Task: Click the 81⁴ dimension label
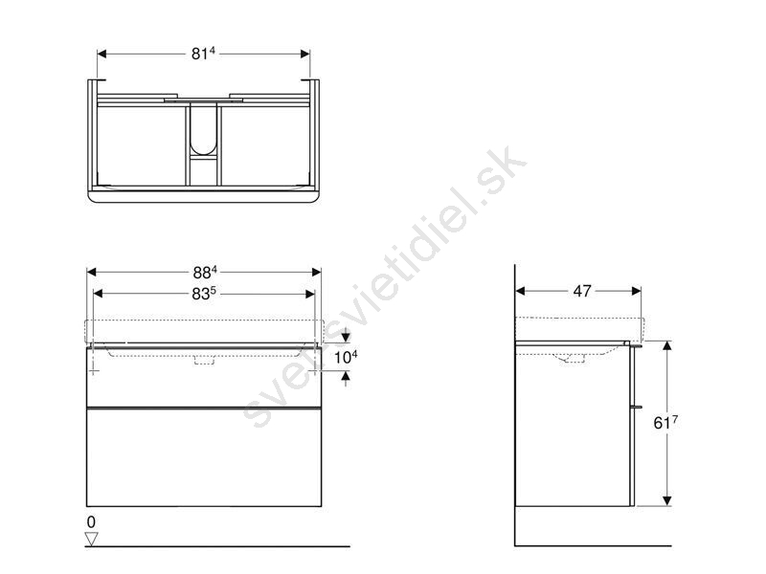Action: (x=203, y=54)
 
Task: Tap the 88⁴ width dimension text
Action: (x=205, y=272)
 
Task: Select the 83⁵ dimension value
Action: (x=204, y=294)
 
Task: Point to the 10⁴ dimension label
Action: (x=346, y=357)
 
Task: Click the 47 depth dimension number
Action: (x=582, y=291)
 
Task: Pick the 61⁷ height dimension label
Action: (x=665, y=423)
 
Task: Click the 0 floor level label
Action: (x=91, y=521)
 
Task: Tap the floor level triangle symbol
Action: (x=91, y=539)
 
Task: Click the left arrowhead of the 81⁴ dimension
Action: (x=101, y=54)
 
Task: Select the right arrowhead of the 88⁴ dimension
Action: (x=317, y=272)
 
